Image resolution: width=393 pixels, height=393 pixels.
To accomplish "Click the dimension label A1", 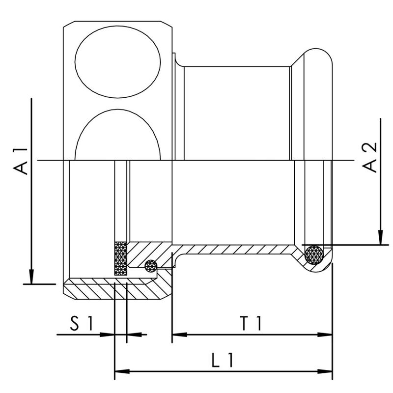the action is pos(21,161).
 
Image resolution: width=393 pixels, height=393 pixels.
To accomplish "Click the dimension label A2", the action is pos(370,157).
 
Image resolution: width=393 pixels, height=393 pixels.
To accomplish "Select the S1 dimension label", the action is pos(82,323).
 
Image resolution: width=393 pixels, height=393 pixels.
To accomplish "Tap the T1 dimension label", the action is pos(251,323).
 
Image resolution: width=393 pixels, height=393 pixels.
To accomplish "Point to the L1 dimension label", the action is pos(223,360).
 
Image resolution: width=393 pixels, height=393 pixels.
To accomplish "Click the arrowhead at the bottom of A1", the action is pos(31,277).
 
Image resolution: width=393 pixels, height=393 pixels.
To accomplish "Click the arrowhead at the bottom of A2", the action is pos(380,237).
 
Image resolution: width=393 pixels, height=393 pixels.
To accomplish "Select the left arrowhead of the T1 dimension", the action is pos(179,335).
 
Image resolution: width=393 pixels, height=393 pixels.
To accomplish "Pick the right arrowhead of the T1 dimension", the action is pos(325,335).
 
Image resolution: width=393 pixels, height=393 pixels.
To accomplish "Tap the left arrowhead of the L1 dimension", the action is pos(122,371).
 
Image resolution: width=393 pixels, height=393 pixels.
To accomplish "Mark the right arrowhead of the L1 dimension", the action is pos(325,371).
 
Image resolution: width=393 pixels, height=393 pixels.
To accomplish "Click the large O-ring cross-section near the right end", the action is pos(314,254).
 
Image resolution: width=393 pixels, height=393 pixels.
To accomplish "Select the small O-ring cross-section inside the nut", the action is pos(151,266).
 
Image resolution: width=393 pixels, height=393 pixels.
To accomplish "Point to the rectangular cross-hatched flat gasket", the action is pos(121,258).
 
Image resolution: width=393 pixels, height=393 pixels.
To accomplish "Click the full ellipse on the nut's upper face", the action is pos(117,62).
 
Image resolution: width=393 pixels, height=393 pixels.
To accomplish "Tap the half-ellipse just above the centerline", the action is pos(117,135).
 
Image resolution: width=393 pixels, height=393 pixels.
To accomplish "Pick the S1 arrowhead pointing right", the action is pos(107,335).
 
